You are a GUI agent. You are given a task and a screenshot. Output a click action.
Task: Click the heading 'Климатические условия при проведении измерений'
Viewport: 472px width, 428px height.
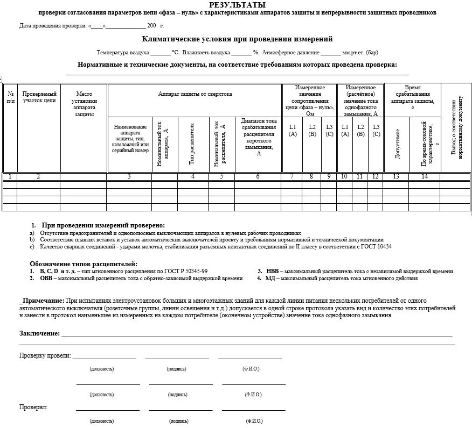(237, 39)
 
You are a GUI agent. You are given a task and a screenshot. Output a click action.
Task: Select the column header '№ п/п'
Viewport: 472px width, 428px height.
(10, 97)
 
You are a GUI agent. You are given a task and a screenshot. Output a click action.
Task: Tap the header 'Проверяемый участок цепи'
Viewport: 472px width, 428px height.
(39, 97)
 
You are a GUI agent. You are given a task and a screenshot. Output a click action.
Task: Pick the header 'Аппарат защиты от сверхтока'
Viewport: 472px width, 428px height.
(195, 94)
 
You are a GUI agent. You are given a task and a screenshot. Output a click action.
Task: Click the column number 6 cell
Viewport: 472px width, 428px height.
(258, 176)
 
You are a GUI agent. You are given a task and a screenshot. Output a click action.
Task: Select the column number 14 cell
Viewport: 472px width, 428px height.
(425, 176)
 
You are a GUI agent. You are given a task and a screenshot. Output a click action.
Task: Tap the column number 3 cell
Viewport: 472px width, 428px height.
(129, 176)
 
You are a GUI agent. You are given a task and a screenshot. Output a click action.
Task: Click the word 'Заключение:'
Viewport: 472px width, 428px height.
(39, 333)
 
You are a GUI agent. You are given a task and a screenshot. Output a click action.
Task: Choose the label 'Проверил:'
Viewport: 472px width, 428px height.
(33, 407)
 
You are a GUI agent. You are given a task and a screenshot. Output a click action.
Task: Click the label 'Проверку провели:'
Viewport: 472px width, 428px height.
(45, 355)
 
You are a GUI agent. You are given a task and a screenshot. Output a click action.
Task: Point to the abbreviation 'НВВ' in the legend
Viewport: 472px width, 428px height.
(273, 272)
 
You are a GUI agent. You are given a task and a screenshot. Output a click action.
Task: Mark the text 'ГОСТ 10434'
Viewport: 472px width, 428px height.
(377, 247)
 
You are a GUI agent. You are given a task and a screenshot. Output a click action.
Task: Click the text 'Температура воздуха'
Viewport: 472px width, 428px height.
(122, 53)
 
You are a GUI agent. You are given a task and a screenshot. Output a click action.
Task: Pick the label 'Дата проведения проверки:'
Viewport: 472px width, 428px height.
(53, 26)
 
